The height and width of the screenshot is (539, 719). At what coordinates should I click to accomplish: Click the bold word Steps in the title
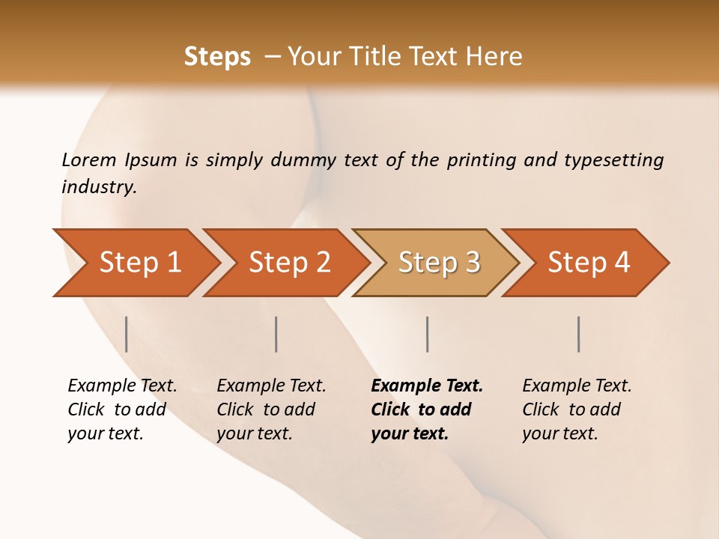(x=217, y=57)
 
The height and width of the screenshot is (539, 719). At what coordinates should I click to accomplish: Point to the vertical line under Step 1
(x=127, y=334)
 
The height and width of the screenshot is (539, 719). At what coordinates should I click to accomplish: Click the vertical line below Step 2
(x=276, y=334)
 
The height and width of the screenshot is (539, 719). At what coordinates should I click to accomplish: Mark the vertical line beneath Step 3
(x=427, y=334)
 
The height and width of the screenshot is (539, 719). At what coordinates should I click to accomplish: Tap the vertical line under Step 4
(x=579, y=334)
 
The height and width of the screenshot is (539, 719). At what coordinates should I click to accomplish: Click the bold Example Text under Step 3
(x=427, y=386)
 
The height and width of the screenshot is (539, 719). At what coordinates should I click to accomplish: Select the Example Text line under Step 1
(x=122, y=386)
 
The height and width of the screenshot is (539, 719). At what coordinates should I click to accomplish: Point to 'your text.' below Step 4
(x=560, y=433)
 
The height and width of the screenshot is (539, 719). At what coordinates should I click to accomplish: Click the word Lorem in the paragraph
(x=89, y=160)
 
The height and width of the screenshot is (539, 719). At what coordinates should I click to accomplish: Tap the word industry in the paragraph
(x=98, y=187)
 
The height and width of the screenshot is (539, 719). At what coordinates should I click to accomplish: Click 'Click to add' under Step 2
(x=266, y=409)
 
